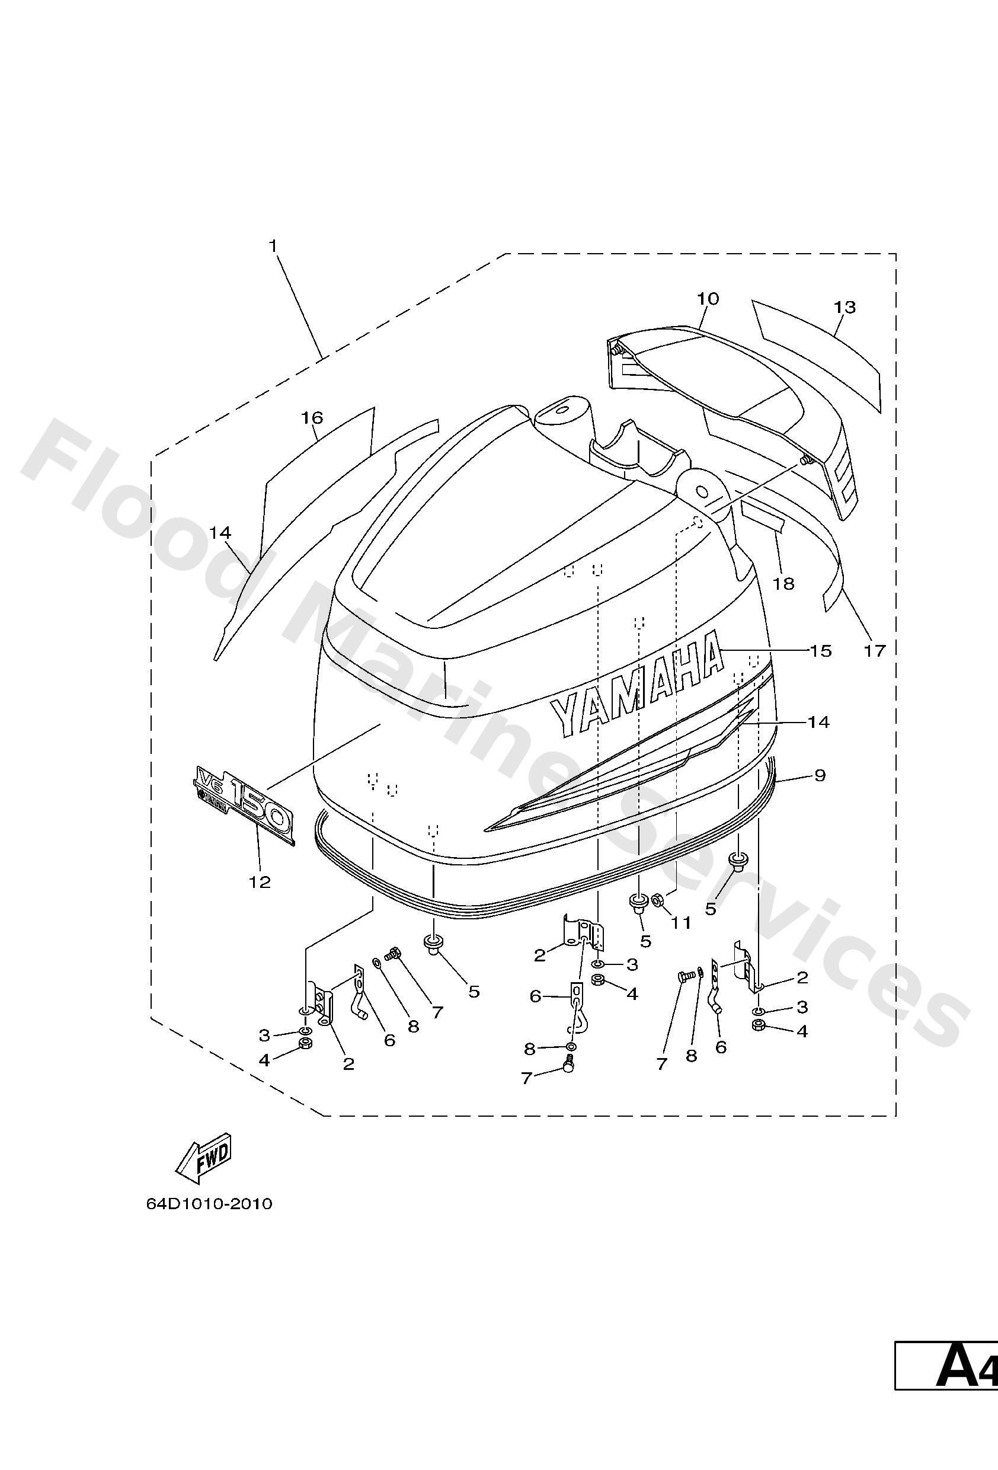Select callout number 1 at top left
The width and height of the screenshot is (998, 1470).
click(x=274, y=245)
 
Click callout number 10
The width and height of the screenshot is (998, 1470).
click(x=708, y=299)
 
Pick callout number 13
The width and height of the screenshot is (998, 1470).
click(x=845, y=308)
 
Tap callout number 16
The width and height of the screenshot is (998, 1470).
click(x=312, y=417)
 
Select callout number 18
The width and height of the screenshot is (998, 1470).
click(x=783, y=583)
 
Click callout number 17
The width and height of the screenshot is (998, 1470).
click(x=875, y=650)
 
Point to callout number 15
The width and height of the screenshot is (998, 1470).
click(x=820, y=650)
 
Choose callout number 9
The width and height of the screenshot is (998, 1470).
click(x=820, y=775)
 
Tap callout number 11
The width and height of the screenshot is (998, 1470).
click(x=681, y=923)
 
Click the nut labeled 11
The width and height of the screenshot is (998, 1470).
click(x=657, y=899)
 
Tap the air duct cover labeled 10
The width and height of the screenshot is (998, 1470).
click(x=727, y=392)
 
